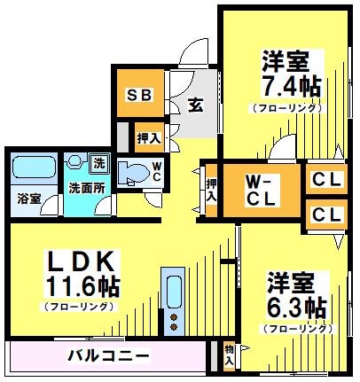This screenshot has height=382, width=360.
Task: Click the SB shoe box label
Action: tap(140, 95)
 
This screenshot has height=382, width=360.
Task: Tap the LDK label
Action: tap(79, 261)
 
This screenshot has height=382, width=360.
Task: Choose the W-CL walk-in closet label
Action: tap(262, 191)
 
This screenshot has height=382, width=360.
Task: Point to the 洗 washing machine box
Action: tap(99, 164)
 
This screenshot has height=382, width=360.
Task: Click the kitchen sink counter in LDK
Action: tap(173, 301)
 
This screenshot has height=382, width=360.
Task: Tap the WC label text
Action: tap(156, 170)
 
